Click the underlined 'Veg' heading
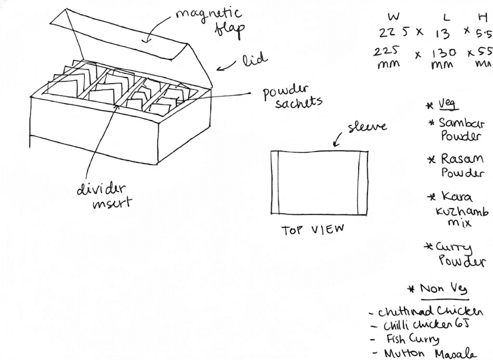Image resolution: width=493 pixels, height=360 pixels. [448, 105]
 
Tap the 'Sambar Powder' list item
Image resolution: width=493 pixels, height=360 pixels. [460, 129]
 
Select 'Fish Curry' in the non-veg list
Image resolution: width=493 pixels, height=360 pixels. [412, 339]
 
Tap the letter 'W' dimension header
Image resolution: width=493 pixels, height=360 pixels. [393, 16]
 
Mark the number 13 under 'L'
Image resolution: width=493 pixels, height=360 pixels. [442, 34]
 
